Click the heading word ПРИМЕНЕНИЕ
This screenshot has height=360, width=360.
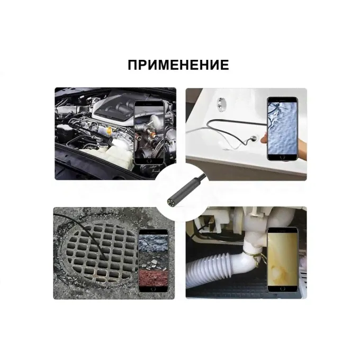point(178,65)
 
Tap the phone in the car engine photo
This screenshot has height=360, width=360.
point(149,132)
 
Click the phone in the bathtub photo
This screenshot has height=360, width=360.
point(282,129)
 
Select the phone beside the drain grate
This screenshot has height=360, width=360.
point(153,261)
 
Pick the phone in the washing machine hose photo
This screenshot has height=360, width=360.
point(283,259)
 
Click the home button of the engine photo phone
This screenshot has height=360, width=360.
point(149,160)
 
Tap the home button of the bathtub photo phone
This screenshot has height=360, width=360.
point(282,157)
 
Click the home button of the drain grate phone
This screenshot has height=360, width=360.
point(153,289)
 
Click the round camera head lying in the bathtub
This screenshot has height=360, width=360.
point(254,139)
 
